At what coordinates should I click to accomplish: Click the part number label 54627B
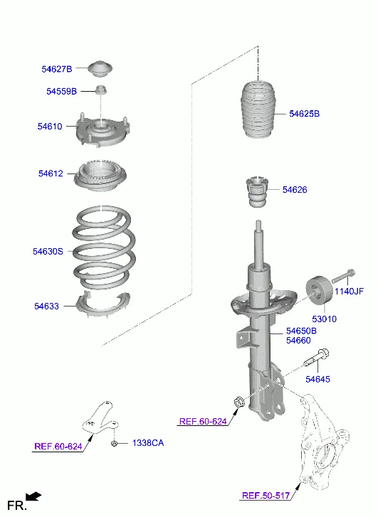click(57, 69)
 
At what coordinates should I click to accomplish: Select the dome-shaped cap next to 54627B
click(100, 68)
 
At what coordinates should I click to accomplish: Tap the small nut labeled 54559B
click(102, 90)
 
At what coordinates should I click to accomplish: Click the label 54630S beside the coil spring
click(48, 252)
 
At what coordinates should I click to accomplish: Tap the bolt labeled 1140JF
click(343, 277)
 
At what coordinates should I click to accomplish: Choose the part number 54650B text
click(301, 331)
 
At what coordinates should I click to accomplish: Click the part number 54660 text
click(298, 340)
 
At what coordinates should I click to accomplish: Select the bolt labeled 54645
click(316, 358)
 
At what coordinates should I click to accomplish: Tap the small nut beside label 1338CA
click(114, 443)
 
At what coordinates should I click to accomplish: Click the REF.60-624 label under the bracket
click(58, 447)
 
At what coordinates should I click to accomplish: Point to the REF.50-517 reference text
click(266, 496)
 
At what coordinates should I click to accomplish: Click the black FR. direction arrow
click(33, 496)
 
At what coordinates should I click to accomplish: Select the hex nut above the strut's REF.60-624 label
click(238, 403)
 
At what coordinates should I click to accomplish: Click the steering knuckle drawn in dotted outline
click(322, 442)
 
